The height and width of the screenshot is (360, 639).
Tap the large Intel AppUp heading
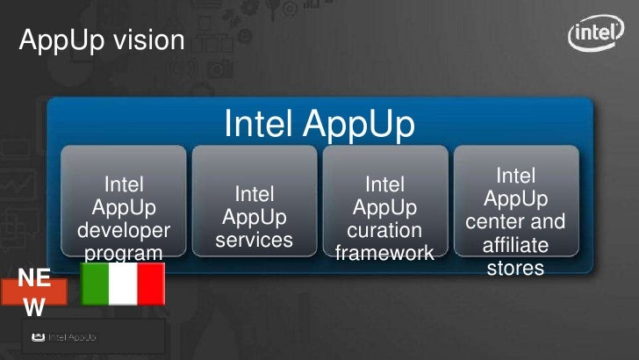coord(319,124)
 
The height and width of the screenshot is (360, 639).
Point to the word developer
coord(124,231)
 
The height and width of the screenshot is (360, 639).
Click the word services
coord(255,239)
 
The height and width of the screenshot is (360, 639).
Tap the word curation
coord(384,231)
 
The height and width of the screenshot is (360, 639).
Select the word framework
coord(384,253)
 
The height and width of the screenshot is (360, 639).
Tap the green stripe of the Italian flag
coord(95,284)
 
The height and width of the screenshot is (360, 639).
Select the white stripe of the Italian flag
coord(123,284)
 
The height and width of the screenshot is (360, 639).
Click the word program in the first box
coord(124,254)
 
